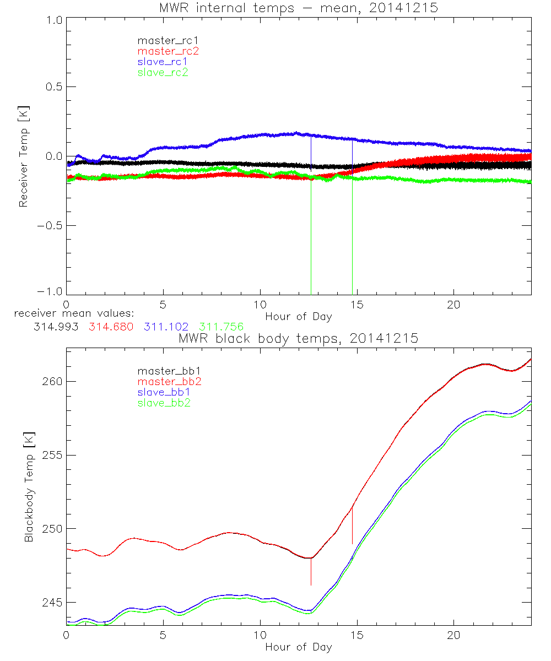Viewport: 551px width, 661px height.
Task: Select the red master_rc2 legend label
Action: [x=168, y=51]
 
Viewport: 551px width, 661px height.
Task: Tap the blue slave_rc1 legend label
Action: [x=163, y=62]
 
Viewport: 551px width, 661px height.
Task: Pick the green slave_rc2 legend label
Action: [x=163, y=72]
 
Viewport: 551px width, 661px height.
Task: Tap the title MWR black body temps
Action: [x=298, y=339]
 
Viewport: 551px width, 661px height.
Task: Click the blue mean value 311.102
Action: [x=166, y=327]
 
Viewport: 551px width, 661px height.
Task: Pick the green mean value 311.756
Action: [x=222, y=327]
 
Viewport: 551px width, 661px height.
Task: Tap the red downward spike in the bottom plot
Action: [x=311, y=573]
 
